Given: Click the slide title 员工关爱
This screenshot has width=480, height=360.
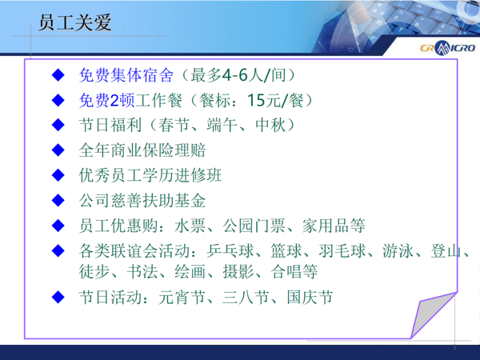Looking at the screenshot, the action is point(75,22).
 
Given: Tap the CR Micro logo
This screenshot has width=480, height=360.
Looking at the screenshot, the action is point(447,48).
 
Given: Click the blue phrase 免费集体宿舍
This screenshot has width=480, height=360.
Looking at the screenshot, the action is point(126,75).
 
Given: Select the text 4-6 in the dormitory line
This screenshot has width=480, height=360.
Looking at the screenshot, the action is point(234,75).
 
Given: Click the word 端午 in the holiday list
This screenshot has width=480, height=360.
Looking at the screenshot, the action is point(222,126).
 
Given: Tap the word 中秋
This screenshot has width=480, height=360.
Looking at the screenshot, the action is point(270,126).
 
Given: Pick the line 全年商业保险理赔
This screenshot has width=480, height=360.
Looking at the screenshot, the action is point(142,150).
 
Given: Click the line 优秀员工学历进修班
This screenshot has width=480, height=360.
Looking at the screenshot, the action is point(150,175).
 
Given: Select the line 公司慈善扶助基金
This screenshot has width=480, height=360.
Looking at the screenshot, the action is point(142,201).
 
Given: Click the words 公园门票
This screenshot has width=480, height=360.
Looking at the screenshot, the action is point(254,226).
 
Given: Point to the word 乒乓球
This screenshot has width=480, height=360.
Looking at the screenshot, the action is point(230,251).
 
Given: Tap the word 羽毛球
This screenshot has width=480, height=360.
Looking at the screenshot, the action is point(342,251).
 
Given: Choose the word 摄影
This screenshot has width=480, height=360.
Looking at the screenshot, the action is point(238,271).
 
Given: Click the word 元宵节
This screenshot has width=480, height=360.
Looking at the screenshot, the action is point(182,298).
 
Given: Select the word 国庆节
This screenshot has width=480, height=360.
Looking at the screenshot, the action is point(310,298).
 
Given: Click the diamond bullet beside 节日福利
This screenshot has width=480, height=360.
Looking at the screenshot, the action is point(58,126).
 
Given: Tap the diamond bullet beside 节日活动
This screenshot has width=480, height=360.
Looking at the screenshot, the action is point(58,298).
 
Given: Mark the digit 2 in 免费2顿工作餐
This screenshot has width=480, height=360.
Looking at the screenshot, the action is point(114,101).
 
